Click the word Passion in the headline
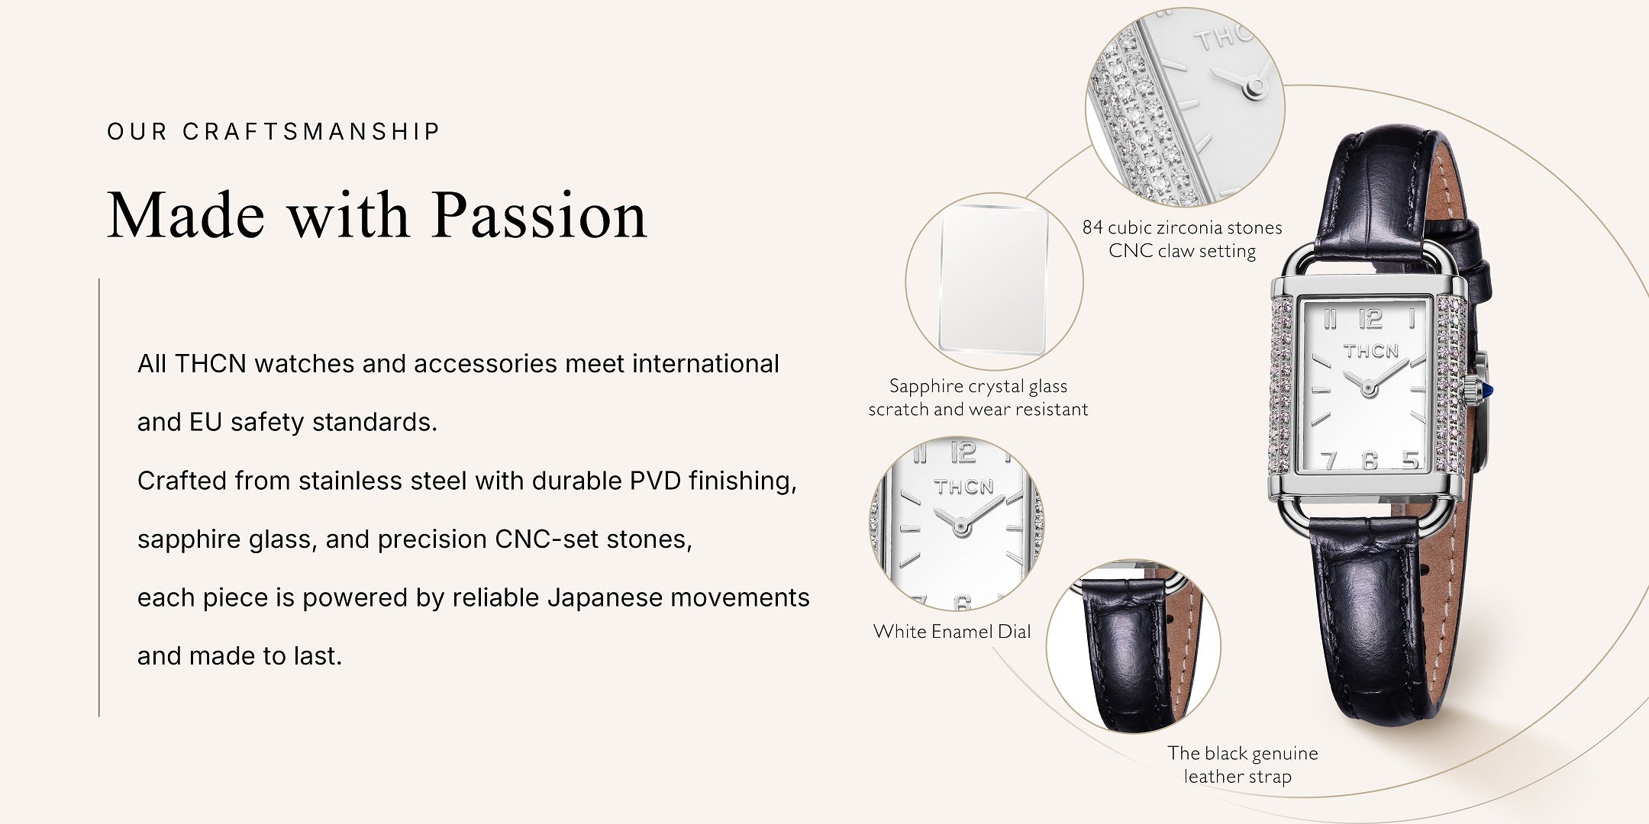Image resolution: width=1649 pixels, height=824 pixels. [x=540, y=216]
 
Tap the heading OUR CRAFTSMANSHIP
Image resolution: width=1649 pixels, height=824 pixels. [x=273, y=131]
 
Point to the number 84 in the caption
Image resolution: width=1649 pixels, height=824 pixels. [x=1092, y=227]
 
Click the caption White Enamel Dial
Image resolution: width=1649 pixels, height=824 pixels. [x=952, y=631]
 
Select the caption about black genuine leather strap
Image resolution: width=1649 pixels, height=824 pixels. [x=1242, y=764]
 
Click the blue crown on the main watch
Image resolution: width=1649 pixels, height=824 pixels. [x=1487, y=391]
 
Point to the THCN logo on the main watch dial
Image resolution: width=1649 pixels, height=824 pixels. [x=1371, y=351]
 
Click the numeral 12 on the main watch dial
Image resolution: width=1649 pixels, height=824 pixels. [x=1370, y=319]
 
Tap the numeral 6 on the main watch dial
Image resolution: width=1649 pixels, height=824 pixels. [x=1370, y=460]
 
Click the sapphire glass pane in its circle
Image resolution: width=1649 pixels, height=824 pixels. [x=993, y=280]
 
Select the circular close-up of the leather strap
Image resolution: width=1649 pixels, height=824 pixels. [x=1133, y=646]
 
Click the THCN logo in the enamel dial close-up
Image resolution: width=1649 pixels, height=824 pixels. [x=964, y=487]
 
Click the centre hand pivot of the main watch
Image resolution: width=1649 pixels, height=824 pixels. [x=1368, y=389]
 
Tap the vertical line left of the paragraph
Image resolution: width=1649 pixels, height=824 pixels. [x=99, y=497]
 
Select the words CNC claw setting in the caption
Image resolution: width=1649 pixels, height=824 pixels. [x=1182, y=251]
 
